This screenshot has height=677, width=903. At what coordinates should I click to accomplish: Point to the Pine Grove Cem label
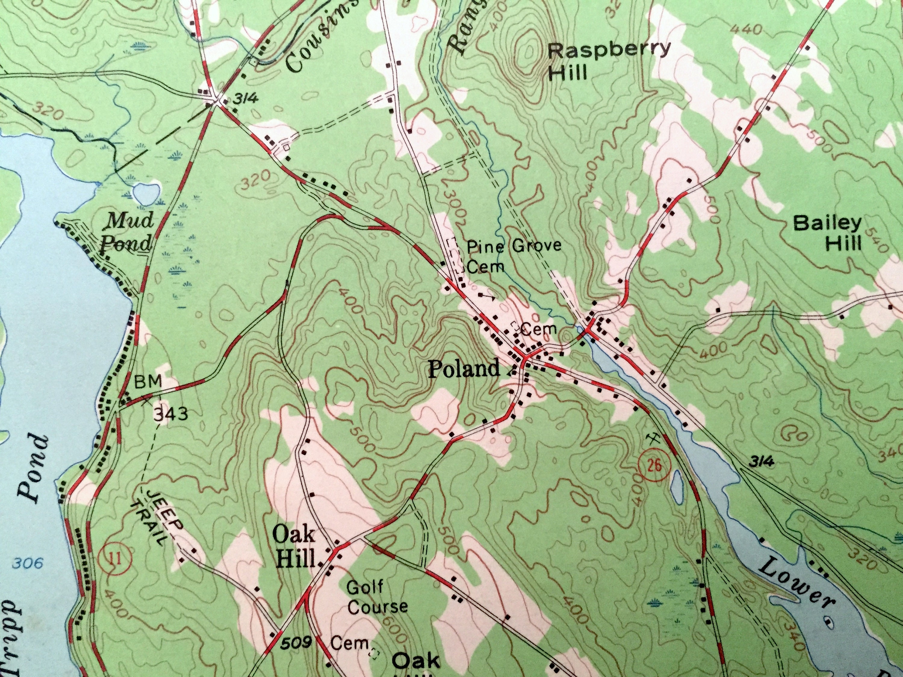tap(514, 256)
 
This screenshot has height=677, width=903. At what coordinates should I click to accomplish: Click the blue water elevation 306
tap(27, 564)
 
